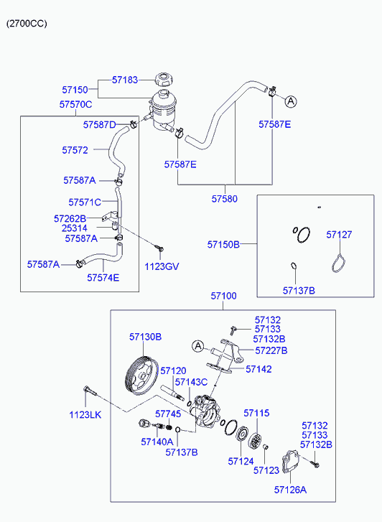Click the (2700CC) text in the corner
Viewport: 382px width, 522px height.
pos(27,24)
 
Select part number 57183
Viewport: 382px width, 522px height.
pos(124,80)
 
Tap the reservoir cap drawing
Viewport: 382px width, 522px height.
pos(164,80)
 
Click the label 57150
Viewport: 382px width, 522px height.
pos(75,90)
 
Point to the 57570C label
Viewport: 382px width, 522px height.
pos(75,105)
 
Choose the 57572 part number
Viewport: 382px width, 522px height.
pos(75,150)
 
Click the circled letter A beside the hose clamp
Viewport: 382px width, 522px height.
pos(291,101)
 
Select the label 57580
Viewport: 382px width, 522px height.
pos(225,199)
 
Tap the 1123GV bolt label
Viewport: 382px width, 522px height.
pos(162,266)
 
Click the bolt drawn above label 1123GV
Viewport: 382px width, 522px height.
pos(159,248)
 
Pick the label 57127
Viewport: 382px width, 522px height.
pos(339,235)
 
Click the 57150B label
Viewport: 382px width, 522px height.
pos(223,244)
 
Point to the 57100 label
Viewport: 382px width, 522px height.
pos(223,296)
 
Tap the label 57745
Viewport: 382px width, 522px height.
pos(168,414)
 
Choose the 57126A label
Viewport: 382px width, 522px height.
pos(290,490)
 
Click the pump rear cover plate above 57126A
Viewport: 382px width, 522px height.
pos(291,461)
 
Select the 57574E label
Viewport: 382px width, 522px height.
pos(103,278)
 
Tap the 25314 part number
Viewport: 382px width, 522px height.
pos(75,228)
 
